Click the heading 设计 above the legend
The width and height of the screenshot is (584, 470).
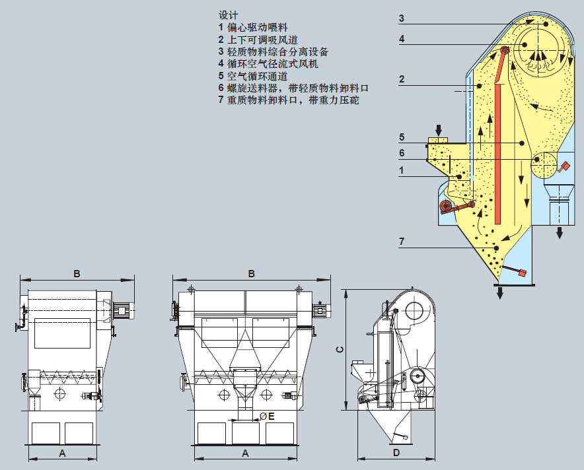tap(228, 15)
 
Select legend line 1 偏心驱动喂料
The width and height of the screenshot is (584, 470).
tap(253, 28)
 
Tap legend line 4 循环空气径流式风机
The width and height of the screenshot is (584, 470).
tap(268, 64)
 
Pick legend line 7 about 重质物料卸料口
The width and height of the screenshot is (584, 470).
tap(289, 100)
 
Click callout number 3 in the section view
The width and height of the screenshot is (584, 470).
tap(401, 18)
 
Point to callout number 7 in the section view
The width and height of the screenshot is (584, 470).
tap(402, 242)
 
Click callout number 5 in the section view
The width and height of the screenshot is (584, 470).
tap(402, 137)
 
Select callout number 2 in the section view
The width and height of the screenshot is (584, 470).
tap(402, 79)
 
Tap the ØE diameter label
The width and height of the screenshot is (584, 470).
tap(267, 417)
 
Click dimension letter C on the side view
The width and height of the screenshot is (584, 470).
tap(340, 349)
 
